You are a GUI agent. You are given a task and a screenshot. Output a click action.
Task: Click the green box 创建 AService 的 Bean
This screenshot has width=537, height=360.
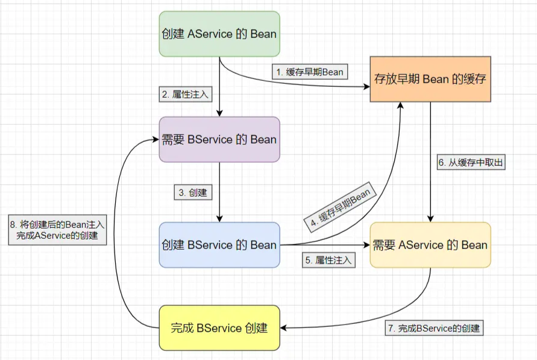pos(219,34)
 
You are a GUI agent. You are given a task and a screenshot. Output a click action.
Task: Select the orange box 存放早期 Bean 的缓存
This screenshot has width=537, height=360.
pos(430,79)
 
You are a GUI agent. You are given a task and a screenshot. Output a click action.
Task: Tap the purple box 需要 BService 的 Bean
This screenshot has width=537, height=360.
pos(219,139)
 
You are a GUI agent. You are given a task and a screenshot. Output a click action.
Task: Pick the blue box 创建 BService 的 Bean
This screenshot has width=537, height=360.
pos(219,245)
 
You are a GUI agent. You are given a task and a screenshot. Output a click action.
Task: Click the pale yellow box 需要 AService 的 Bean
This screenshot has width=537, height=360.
pos(430,245)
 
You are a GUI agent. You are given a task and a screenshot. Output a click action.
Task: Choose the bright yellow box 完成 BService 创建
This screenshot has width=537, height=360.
pos(219,328)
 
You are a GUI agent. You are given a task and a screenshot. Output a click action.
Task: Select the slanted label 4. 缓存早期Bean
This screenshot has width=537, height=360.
pos(340,206)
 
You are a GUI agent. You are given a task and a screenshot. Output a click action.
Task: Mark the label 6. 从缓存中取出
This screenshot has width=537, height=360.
pos(469,163)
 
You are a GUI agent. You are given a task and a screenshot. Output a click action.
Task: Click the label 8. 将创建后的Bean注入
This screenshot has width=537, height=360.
pos(58,230)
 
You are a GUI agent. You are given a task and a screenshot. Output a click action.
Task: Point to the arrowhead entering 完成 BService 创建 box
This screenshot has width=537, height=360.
pos(283,328)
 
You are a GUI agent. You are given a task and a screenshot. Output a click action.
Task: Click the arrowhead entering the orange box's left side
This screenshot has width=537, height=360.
pos(366,87)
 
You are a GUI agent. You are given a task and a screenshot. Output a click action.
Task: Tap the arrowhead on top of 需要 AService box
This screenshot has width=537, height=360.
pos(430,219)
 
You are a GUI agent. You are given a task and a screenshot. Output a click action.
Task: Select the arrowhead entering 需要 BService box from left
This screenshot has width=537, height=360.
pos(155,139)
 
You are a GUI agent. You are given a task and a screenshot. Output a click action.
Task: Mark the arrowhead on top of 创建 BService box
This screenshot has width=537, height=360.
pos(219,219)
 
